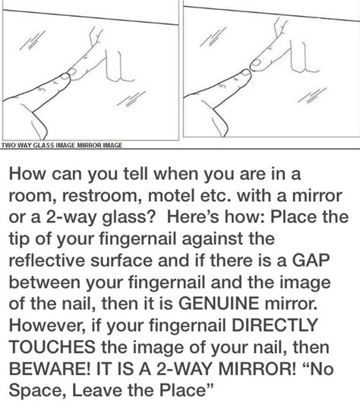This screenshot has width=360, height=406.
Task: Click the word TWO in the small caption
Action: pos(8,143)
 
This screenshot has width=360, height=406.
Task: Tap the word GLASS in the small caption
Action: pos(45,143)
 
